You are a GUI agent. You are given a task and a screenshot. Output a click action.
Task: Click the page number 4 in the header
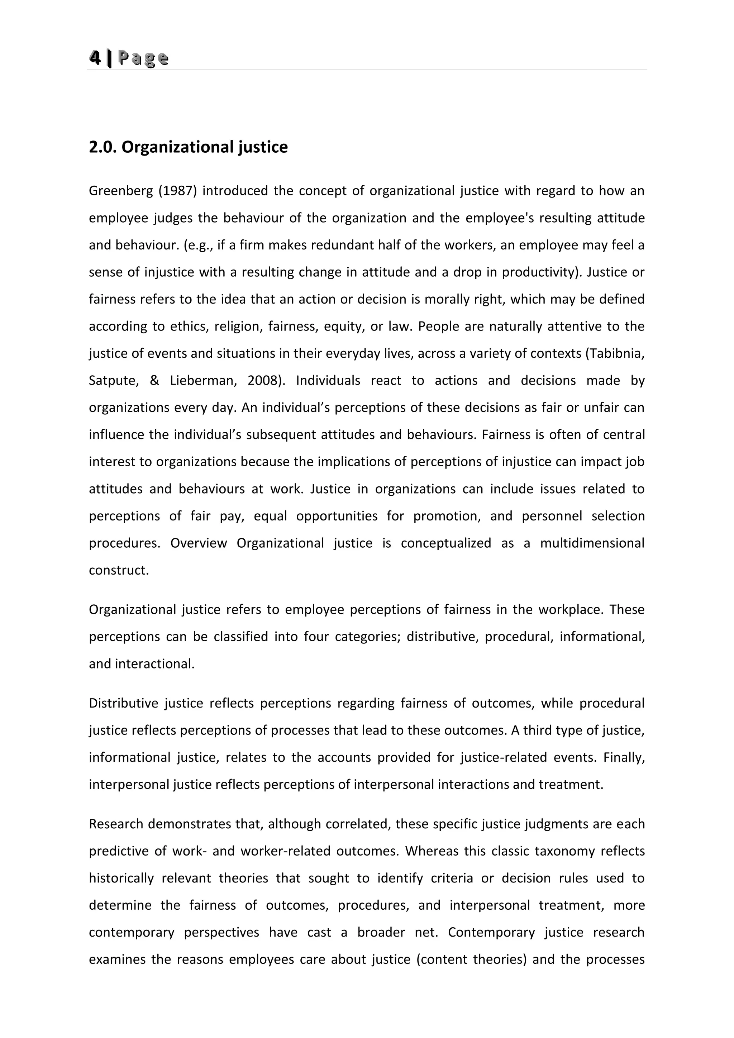pyautogui.click(x=95, y=58)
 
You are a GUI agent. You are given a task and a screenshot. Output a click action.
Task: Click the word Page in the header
pyautogui.click(x=143, y=58)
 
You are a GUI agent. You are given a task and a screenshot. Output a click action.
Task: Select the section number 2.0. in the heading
pyautogui.click(x=103, y=147)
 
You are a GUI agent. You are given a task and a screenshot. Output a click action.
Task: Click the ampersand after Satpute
pyautogui.click(x=154, y=381)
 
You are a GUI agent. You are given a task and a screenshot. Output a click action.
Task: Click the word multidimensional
pyautogui.click(x=592, y=543)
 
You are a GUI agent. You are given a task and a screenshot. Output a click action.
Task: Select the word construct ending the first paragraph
pyautogui.click(x=118, y=570)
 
